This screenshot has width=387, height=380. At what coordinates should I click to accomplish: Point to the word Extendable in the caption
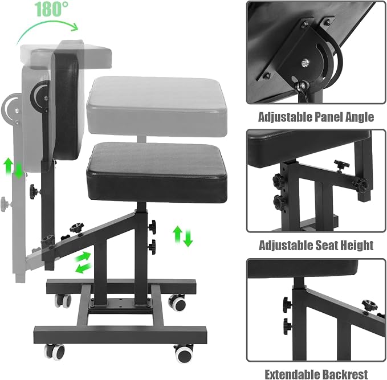292,374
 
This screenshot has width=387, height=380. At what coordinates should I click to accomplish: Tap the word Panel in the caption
329,117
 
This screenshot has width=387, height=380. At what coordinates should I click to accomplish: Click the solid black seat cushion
157,171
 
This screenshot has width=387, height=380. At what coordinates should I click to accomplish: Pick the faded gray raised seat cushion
157,105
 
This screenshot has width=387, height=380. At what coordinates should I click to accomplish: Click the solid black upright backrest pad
66,106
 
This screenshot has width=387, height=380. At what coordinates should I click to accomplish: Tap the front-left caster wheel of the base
55,352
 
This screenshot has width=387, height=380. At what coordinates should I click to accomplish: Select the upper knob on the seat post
152,227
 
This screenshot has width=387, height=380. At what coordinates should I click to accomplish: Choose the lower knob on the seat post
152,247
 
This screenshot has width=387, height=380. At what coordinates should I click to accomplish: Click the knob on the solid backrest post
34,191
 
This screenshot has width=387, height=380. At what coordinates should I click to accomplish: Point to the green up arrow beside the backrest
9,165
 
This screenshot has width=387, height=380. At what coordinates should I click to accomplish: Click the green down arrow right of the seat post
188,238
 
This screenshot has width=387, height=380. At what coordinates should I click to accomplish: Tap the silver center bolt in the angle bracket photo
305,63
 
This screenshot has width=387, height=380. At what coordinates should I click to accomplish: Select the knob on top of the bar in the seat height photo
342,165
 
